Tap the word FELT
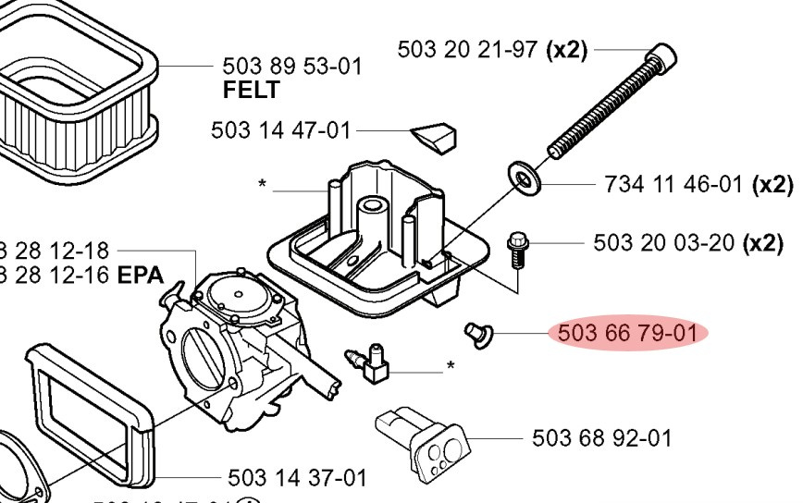(x=251, y=91)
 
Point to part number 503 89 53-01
(x=292, y=67)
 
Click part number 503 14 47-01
(x=281, y=130)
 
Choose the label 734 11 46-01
(x=673, y=184)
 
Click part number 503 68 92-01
(x=602, y=437)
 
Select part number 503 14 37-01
(x=297, y=478)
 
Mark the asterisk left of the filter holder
(x=263, y=186)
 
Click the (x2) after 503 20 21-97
(x=567, y=49)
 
